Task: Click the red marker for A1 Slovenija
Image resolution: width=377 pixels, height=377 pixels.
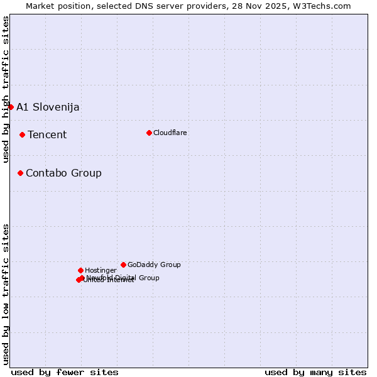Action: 11,107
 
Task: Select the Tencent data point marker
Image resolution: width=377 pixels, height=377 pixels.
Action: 22,134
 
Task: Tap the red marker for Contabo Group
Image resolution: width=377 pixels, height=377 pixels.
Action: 20,173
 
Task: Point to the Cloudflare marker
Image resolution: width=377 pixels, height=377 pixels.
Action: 149,133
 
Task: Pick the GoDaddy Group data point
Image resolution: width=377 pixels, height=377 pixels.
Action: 123,265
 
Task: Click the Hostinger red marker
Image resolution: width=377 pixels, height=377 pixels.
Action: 80,270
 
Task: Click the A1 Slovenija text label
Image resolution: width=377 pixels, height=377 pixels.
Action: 48,107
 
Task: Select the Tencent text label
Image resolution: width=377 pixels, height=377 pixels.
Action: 47,134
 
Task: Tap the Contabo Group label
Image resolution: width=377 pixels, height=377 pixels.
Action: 63,173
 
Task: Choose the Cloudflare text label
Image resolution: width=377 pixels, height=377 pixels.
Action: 170,133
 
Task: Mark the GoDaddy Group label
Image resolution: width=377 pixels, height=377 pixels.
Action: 154,265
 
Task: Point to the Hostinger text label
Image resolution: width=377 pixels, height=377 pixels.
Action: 101,270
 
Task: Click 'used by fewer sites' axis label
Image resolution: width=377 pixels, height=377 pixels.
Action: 65,372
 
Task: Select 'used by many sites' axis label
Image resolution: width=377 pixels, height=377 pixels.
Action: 315,372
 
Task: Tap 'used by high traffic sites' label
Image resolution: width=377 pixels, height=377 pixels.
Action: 6,89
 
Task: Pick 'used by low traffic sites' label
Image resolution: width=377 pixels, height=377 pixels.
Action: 6,293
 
